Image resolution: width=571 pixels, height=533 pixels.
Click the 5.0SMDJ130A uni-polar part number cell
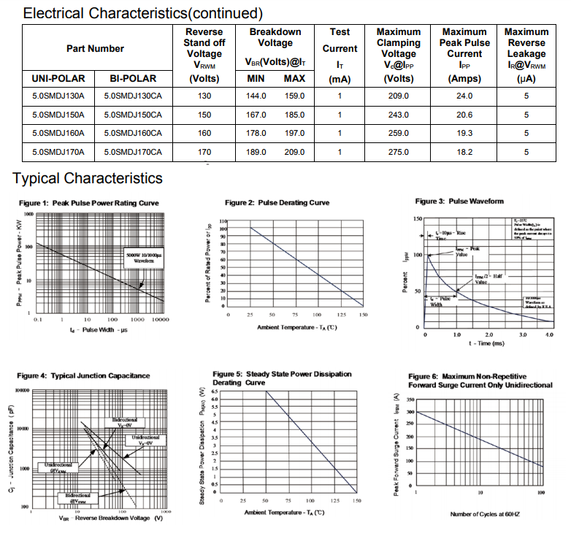(x=58, y=96)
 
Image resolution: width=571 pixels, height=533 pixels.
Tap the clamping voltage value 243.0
(x=398, y=115)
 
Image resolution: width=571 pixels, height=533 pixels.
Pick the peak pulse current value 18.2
(x=464, y=153)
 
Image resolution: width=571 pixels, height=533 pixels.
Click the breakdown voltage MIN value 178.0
(x=256, y=134)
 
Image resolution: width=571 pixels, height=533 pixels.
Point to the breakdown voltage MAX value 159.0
(x=294, y=96)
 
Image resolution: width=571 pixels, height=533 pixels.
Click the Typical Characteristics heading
(x=88, y=179)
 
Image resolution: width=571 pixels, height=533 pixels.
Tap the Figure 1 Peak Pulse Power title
(x=89, y=203)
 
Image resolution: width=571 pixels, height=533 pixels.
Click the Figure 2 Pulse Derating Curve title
(x=277, y=202)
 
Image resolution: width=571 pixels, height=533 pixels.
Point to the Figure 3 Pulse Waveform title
(x=459, y=202)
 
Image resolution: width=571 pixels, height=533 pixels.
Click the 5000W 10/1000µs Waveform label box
(x=144, y=256)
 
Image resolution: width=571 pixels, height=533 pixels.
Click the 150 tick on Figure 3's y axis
(x=418, y=218)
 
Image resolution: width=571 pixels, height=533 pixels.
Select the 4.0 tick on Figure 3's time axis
(x=549, y=334)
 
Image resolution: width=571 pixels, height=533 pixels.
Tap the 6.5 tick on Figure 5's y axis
(x=214, y=392)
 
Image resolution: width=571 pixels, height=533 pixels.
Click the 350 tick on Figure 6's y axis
(x=410, y=401)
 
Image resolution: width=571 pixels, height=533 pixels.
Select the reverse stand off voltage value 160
(x=204, y=134)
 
